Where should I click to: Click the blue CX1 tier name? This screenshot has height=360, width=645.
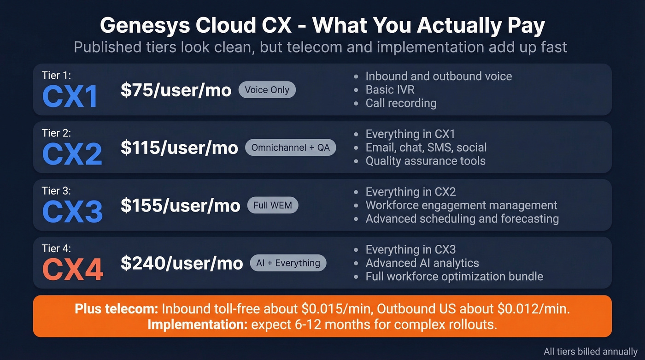tap(70, 96)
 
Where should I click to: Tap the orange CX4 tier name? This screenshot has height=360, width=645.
tap(72, 269)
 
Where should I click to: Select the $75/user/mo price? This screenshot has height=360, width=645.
tap(176, 90)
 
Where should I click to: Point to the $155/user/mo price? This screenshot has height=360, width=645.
tap(180, 205)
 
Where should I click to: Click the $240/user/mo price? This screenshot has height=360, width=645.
tap(182, 263)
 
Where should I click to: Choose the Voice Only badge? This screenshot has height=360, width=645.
tap(267, 90)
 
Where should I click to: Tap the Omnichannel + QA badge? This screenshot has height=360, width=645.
tap(291, 148)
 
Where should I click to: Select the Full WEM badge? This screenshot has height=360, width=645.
tap(273, 205)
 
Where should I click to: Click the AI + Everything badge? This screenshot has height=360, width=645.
tap(288, 263)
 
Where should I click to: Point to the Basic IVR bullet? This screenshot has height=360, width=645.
tap(390, 89)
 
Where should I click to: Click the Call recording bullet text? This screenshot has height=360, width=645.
tap(401, 103)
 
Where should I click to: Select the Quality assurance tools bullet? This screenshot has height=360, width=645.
tap(425, 160)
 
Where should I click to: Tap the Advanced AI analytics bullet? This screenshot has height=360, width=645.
tap(422, 263)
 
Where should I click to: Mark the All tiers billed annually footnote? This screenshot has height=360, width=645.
tap(591, 351)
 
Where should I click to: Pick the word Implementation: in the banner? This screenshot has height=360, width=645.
tap(197, 324)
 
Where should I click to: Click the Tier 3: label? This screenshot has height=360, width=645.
tap(56, 190)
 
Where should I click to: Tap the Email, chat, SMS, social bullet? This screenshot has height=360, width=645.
tap(426, 147)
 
